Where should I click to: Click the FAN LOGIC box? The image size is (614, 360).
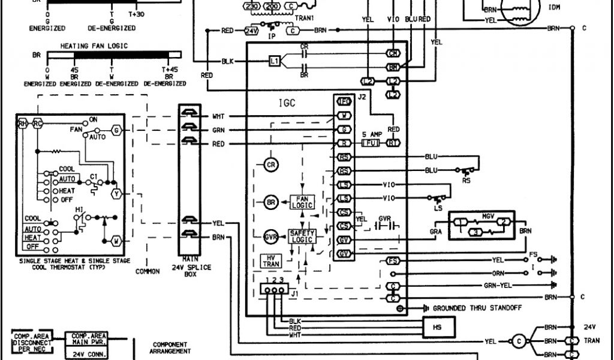[x=302, y=202]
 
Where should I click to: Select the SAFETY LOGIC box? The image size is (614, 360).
[x=302, y=236]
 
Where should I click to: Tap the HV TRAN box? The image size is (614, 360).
[x=270, y=261]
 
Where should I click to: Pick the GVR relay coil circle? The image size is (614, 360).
[x=271, y=237]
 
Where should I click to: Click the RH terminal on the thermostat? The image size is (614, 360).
[x=23, y=124]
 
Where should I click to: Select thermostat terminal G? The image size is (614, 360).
[x=116, y=130]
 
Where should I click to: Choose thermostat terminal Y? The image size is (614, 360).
[x=116, y=193]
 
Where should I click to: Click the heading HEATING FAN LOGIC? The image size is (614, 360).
[x=94, y=46]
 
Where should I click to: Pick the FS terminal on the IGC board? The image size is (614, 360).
[x=393, y=260]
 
